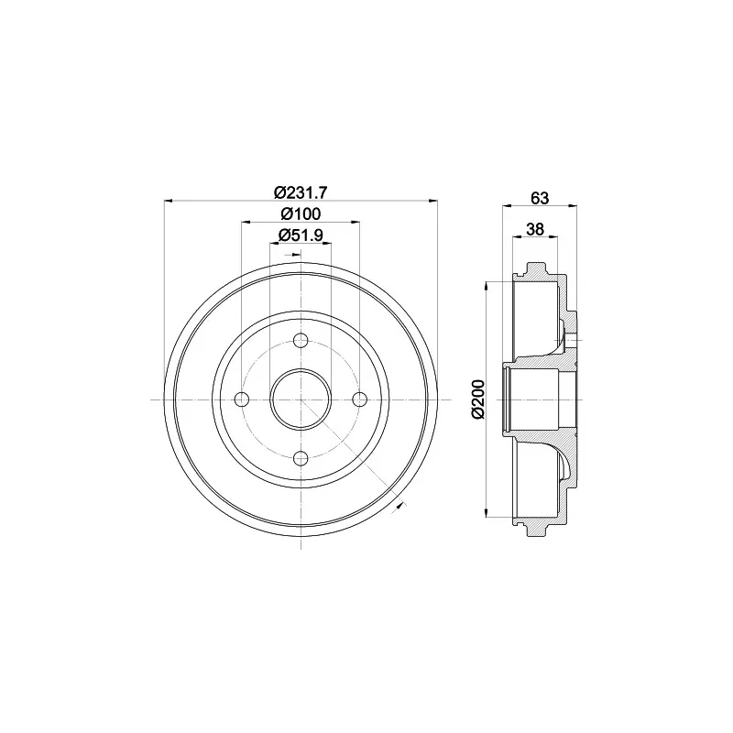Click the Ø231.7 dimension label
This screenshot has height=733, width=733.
pyautogui.click(x=301, y=191)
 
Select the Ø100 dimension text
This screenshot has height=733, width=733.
pyautogui.click(x=301, y=213)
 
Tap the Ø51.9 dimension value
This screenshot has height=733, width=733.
pyautogui.click(x=301, y=235)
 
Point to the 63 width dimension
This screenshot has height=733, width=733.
pyautogui.click(x=540, y=198)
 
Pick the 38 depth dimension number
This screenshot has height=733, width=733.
pyautogui.click(x=535, y=229)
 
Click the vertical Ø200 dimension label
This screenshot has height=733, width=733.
pyautogui.click(x=479, y=399)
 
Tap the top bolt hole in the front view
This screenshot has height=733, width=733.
pyautogui.click(x=301, y=340)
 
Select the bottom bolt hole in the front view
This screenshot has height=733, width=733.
pyautogui.click(x=301, y=459)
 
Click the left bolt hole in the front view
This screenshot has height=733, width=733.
pyautogui.click(x=241, y=399)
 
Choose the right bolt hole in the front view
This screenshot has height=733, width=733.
pyautogui.click(x=360, y=399)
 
